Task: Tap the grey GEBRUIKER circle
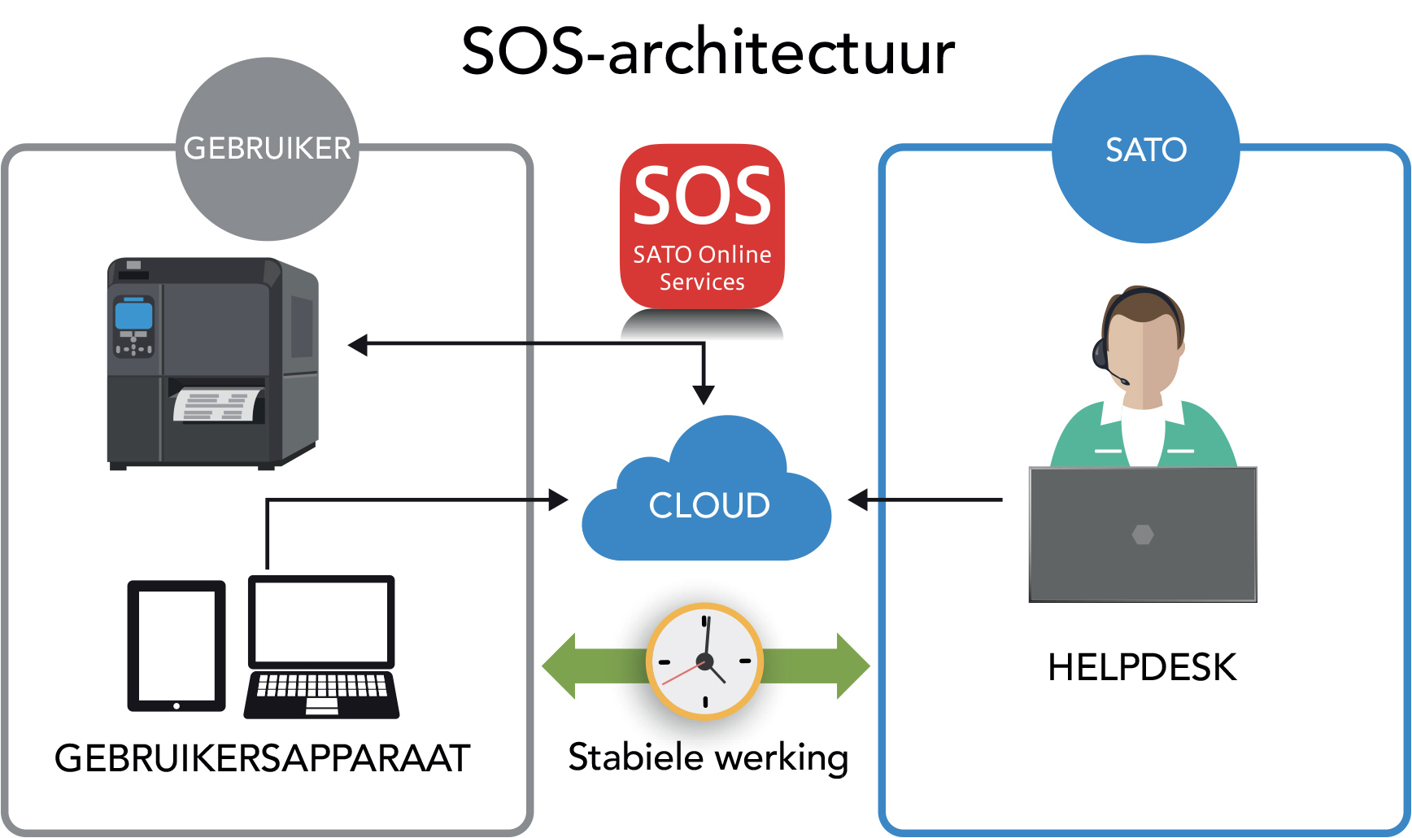[x=268, y=149]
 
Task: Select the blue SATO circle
[x=1145, y=149]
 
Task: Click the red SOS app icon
[x=702, y=226]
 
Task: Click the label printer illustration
[x=213, y=363]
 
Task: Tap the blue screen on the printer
[x=133, y=314]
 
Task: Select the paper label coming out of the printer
[x=218, y=405]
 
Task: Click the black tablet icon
[x=176, y=645]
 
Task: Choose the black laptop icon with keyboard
[x=321, y=647]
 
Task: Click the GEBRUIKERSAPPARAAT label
[x=262, y=758]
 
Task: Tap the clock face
[x=704, y=661]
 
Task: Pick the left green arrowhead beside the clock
[x=560, y=666]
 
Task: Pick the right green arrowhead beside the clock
[x=852, y=666]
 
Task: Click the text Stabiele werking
[x=708, y=757]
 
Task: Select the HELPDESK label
[x=1142, y=667]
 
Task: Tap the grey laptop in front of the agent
[x=1143, y=534]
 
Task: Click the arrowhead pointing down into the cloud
[x=704, y=395]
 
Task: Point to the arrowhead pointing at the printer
[x=358, y=345]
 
